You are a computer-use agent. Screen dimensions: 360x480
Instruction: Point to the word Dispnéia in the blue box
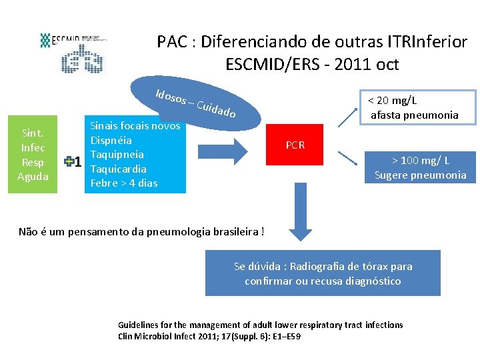[111, 141]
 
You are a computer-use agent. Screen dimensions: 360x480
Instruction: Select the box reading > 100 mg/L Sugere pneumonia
[420, 167]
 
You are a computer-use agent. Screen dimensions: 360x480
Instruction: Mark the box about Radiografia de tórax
[323, 273]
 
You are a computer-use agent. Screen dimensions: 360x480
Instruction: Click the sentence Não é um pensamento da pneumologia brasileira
[141, 232]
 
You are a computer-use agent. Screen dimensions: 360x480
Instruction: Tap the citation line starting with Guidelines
[260, 325]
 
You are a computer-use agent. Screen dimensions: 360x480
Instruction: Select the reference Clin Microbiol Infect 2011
[209, 336]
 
